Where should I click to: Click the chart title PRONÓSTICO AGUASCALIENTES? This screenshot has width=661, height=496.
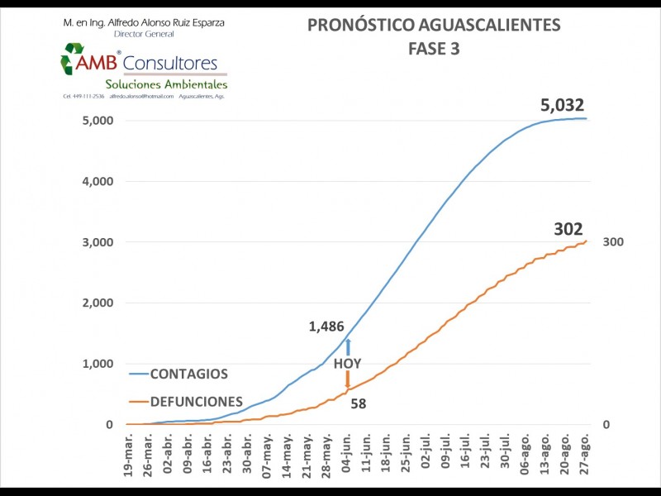pyautogui.click(x=434, y=26)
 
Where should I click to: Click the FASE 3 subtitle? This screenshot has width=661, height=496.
pyautogui.click(x=434, y=49)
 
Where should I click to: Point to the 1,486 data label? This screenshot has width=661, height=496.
pyautogui.click(x=326, y=327)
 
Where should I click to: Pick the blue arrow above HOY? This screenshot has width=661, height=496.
pyautogui.click(x=348, y=347)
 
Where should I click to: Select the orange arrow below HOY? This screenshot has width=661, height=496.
pyautogui.click(x=348, y=379)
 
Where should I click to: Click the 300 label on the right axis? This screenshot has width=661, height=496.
pyautogui.click(x=613, y=242)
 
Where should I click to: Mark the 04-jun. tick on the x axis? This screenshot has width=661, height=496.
pyautogui.click(x=348, y=453)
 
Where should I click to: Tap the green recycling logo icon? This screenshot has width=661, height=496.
pyautogui.click(x=73, y=60)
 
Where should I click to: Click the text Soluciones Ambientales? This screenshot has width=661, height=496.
pyautogui.click(x=166, y=84)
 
